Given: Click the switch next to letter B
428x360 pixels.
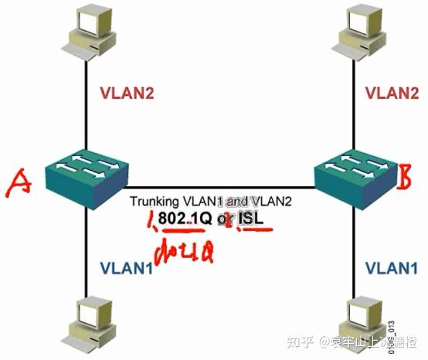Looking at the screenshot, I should pyautogui.click(x=354, y=175).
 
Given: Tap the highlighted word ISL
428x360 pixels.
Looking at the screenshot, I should pyautogui.click(x=250, y=219).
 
